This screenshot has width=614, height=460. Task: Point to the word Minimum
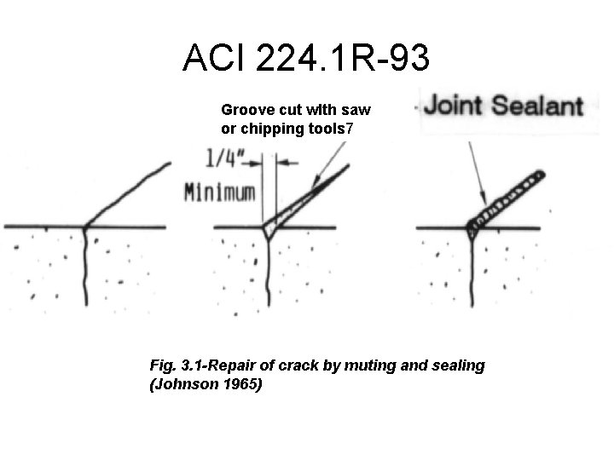tap(220, 192)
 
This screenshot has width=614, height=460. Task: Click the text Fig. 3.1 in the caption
tap(174, 365)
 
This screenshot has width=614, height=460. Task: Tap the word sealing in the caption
tap(455, 365)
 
